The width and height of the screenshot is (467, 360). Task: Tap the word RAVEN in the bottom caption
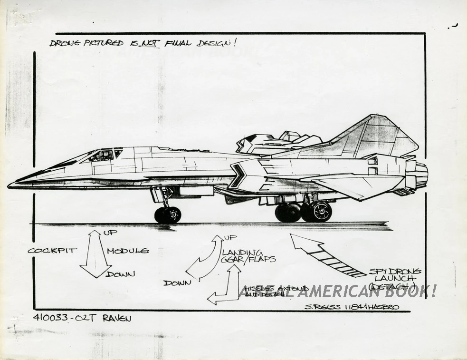[x=116, y=319]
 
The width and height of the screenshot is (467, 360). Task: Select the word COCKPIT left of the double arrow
[x=52, y=251]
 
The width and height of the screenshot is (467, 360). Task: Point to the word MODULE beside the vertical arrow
[x=128, y=251]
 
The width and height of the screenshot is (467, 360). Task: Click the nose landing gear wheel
[x=168, y=214]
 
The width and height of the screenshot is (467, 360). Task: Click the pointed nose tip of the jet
[x=10, y=185]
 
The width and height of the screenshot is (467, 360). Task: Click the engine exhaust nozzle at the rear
[x=420, y=175]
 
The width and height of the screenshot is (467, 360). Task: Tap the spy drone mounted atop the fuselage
[x=276, y=143]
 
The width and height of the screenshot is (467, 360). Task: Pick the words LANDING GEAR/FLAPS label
[x=247, y=255]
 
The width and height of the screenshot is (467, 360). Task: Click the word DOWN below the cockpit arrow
[x=121, y=274]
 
